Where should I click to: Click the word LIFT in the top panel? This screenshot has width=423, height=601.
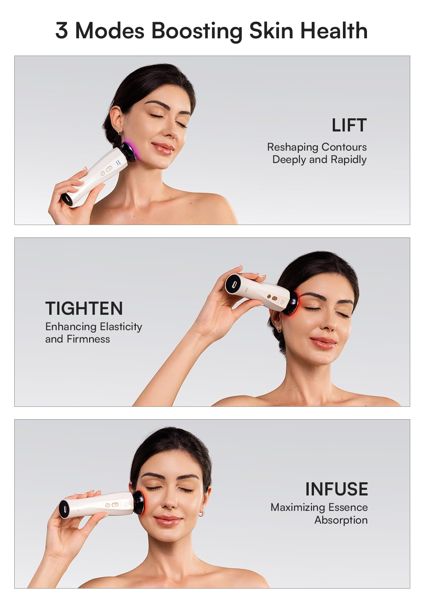click(349, 125)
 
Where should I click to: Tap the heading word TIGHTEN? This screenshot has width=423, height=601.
click(84, 308)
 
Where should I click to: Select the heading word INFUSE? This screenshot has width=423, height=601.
click(337, 489)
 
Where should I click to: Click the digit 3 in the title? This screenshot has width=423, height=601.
click(62, 30)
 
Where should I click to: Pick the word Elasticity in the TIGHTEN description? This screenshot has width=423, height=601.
click(121, 327)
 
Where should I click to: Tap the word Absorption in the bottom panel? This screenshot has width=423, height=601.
click(341, 520)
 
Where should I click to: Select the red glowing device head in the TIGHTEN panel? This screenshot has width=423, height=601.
click(292, 305)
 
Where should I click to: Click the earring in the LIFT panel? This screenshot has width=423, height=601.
click(119, 131)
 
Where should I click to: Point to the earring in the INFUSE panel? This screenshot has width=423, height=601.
click(202, 513)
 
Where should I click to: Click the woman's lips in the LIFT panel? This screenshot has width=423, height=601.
click(163, 148)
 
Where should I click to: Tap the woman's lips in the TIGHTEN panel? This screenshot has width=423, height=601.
click(323, 342)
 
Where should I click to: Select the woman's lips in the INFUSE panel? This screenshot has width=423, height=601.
click(167, 520)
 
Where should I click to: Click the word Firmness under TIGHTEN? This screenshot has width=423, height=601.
click(88, 339)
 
